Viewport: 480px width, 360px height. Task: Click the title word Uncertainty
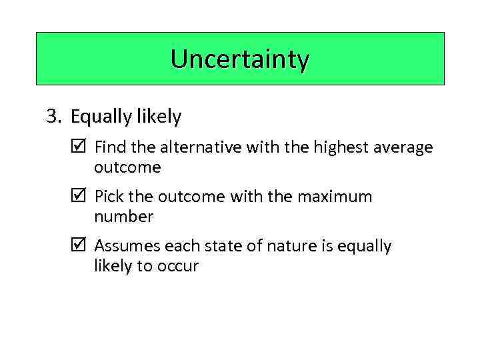240,59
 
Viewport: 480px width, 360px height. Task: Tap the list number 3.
53,117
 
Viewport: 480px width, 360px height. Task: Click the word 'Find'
109,147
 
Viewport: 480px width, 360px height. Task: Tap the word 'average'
405,147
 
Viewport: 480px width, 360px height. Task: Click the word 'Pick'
109,197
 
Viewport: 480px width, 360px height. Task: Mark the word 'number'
124,217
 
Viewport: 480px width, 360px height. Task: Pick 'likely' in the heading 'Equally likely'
159,117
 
